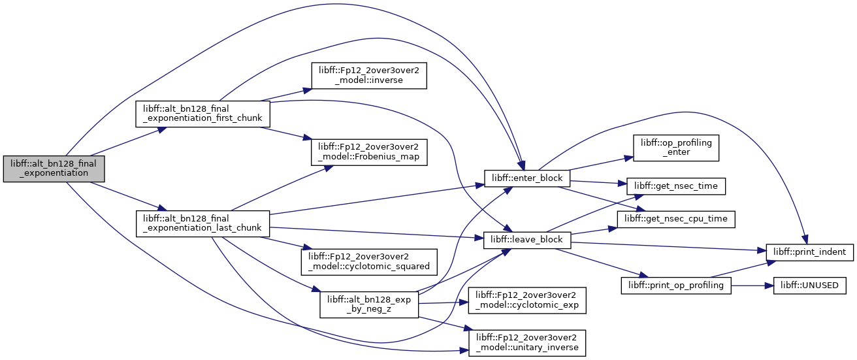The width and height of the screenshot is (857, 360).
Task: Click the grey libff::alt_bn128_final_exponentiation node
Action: [x=54, y=169]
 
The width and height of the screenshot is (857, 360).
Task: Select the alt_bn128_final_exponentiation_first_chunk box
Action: [x=202, y=114]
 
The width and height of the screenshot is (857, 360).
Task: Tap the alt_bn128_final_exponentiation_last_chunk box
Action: [x=202, y=223]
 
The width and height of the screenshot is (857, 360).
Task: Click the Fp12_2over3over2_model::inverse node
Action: [x=369, y=76]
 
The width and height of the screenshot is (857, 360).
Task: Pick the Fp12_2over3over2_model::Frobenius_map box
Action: [x=369, y=152]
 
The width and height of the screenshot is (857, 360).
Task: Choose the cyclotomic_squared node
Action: [x=369, y=262]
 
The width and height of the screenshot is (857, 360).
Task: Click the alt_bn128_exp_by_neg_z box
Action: [x=369, y=304]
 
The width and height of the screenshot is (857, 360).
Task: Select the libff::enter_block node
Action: [x=527, y=178]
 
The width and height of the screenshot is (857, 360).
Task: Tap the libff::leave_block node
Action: [x=527, y=240]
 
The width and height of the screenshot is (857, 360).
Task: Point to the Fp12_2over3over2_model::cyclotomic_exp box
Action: [x=527, y=301]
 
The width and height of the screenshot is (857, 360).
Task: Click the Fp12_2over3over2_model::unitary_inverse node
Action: [x=527, y=343]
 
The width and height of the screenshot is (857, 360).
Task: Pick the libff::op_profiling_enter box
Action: [x=675, y=148]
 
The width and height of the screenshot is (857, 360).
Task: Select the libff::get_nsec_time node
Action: [x=675, y=186]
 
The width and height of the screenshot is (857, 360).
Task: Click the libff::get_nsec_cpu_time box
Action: [x=675, y=220]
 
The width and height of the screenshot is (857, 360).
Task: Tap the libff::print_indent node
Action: [x=809, y=252]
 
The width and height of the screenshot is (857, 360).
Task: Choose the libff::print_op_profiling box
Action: [x=675, y=286]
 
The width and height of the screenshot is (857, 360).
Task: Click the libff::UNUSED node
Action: [x=809, y=286]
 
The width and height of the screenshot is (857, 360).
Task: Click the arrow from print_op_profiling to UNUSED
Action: [x=752, y=286]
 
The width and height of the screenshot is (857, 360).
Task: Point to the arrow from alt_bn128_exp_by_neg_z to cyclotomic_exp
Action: [x=444, y=303]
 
